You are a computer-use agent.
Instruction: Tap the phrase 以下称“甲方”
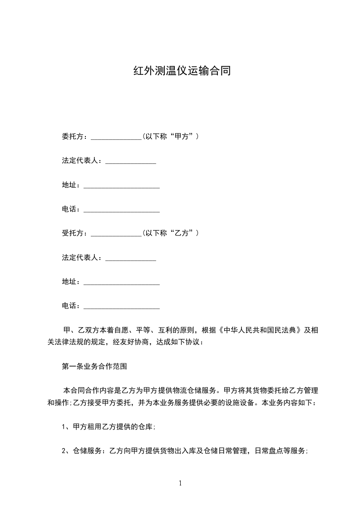click(x=170, y=137)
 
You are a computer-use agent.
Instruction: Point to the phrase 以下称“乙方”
click(x=170, y=233)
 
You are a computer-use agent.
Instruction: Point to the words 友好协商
click(x=138, y=342)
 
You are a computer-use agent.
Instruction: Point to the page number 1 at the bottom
click(x=180, y=484)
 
